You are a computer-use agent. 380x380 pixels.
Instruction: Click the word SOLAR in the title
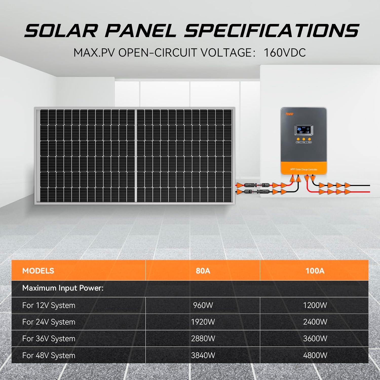pyautogui.click(x=61, y=31)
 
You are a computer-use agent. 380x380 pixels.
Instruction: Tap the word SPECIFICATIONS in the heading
pyautogui.click(x=272, y=31)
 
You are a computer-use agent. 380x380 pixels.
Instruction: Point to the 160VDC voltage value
pyautogui.click(x=284, y=53)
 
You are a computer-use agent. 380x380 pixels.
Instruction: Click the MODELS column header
pyautogui.click(x=38, y=271)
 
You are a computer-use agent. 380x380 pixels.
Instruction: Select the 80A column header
pyautogui.click(x=203, y=271)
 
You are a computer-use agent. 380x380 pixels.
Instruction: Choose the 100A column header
pyautogui.click(x=315, y=271)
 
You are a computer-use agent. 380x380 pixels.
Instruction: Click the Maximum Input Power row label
pyautogui.click(x=63, y=288)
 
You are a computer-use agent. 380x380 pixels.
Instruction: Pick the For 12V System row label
pyautogui.click(x=49, y=305)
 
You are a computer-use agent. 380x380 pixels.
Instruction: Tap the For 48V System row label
pyautogui.click(x=49, y=355)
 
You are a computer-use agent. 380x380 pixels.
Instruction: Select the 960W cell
pyautogui.click(x=203, y=305)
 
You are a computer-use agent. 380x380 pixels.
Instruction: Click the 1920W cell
pyautogui.click(x=203, y=322)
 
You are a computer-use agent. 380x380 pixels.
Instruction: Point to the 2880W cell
pyautogui.click(x=203, y=339)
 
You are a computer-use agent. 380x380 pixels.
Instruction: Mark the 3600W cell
pyautogui.click(x=315, y=339)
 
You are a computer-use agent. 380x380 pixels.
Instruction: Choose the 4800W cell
pyautogui.click(x=315, y=355)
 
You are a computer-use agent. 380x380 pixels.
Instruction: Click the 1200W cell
pyautogui.click(x=315, y=305)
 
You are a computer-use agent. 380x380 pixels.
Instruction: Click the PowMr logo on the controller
pyautogui.click(x=289, y=114)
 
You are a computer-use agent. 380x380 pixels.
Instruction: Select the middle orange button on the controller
pyautogui.click(x=304, y=139)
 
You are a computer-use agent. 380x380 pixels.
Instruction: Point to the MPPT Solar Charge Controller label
pyautogui.click(x=304, y=169)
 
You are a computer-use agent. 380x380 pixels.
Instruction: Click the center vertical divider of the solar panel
pyautogui.click(x=137, y=156)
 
